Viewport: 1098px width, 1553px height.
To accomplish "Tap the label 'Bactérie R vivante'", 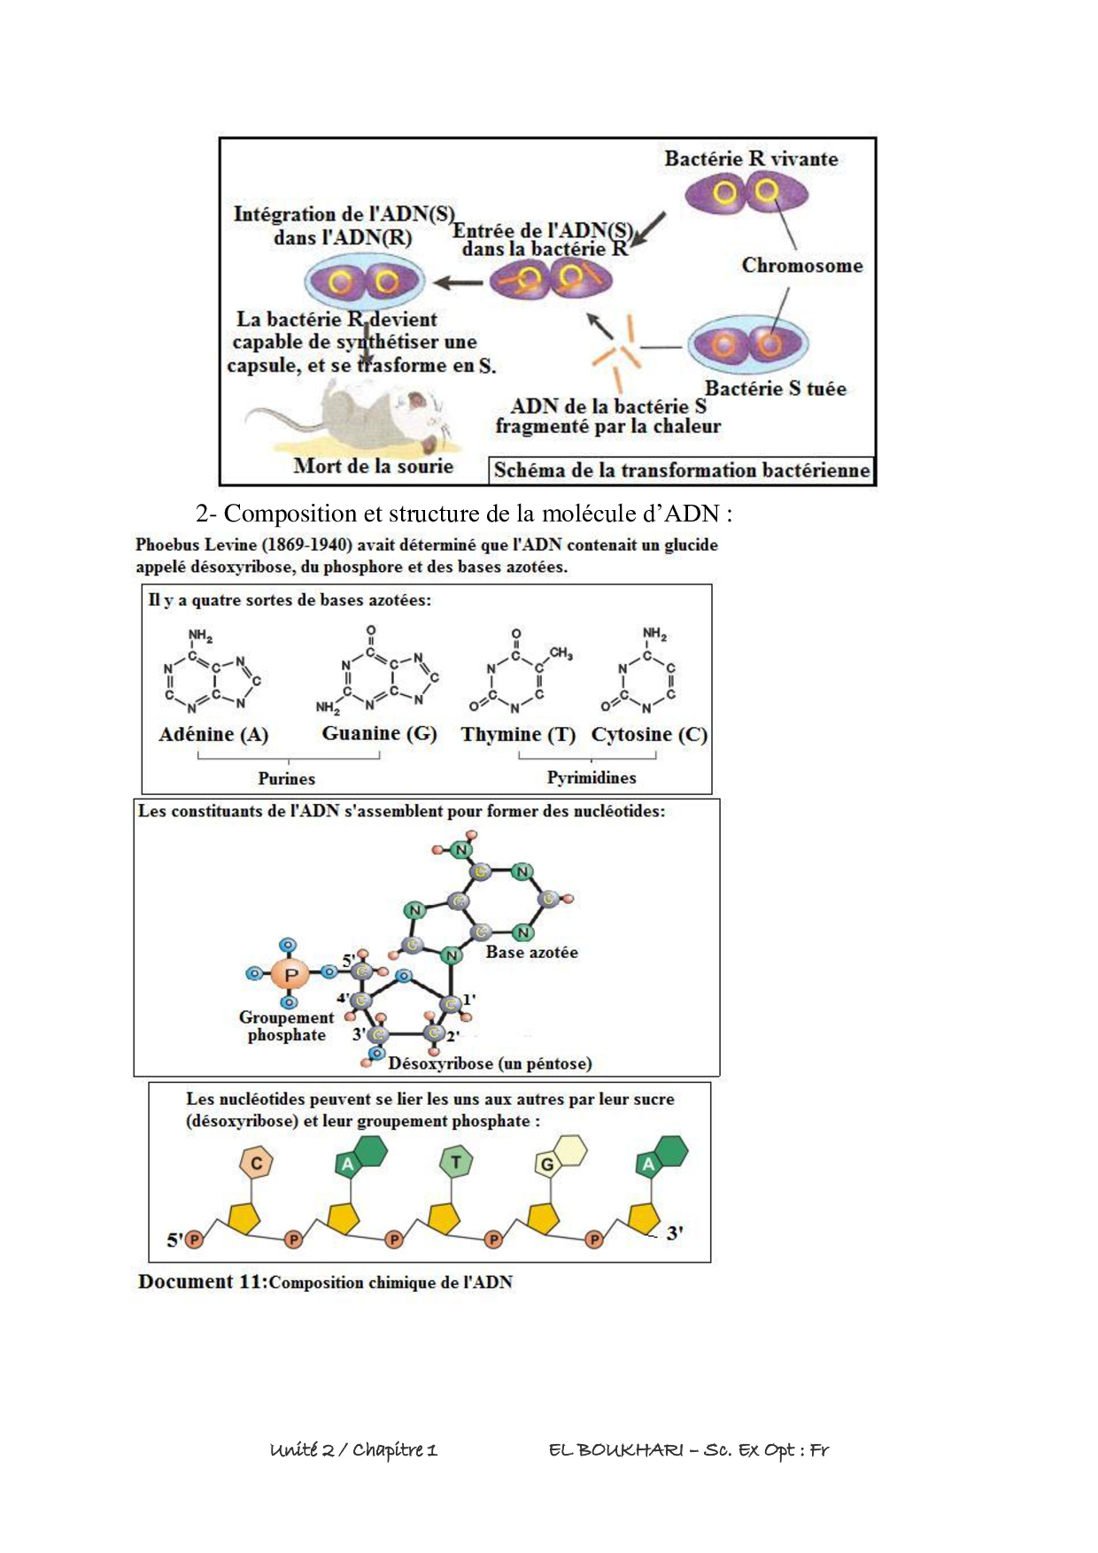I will click(751, 159).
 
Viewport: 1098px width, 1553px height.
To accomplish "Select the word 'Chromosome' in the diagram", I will click(801, 266).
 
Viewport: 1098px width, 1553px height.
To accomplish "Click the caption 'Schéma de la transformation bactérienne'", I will click(681, 470).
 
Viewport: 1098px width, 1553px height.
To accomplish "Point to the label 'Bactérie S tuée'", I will click(775, 389).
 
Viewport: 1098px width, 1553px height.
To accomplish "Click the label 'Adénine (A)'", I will click(213, 734).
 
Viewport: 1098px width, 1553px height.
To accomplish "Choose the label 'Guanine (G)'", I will click(379, 733).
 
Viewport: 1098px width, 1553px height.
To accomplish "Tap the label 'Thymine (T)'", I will click(518, 734).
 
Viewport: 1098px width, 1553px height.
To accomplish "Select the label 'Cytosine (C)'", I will click(649, 734).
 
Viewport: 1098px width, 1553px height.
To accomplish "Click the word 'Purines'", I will click(286, 778).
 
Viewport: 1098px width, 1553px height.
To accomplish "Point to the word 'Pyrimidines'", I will click(591, 777).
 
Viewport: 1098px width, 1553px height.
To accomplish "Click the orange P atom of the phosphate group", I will click(290, 974).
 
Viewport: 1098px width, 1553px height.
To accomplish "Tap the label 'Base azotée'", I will click(531, 953).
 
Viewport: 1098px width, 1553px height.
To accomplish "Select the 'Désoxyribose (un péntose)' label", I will click(490, 1063).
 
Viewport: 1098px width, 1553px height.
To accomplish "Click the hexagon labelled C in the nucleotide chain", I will click(257, 1163).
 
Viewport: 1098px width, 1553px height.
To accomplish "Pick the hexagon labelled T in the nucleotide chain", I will click(456, 1162).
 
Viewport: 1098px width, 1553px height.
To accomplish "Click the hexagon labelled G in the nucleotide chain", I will click(547, 1164).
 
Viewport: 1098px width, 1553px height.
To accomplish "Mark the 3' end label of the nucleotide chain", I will click(675, 1232).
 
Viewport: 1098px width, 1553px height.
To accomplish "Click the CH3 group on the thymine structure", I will click(561, 653).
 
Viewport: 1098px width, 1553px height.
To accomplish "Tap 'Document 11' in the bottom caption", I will click(202, 1281).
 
